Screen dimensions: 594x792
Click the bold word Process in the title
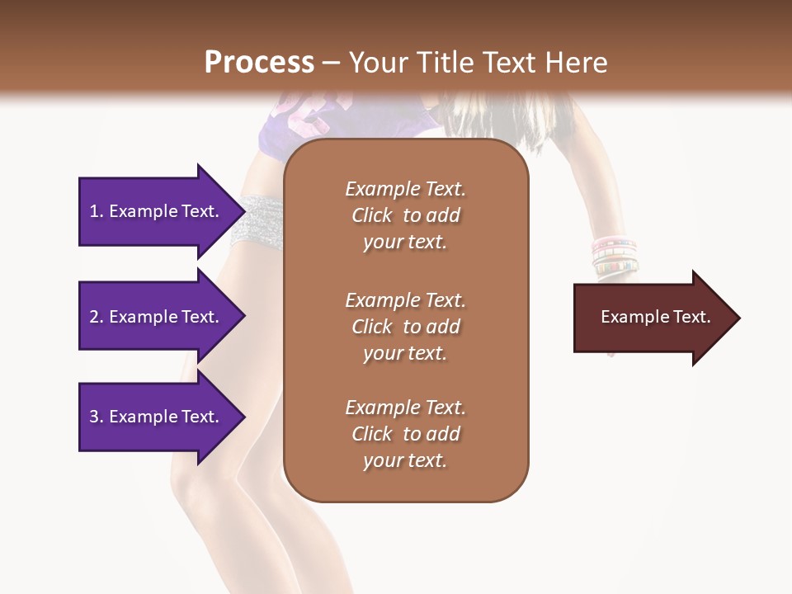259,63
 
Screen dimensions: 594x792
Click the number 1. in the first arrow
97,211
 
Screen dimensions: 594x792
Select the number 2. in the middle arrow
97,317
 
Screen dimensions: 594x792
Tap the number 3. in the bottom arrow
97,417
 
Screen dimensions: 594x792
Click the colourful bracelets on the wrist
615,256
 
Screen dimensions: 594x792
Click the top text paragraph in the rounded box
405,215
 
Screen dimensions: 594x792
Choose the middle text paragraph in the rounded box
405,327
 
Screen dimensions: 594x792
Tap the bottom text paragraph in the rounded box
405,434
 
